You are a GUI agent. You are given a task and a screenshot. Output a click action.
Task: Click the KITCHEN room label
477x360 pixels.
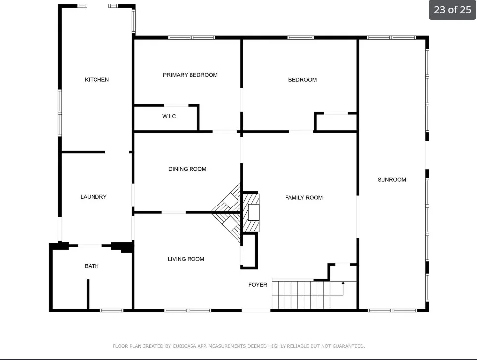[x=97, y=79]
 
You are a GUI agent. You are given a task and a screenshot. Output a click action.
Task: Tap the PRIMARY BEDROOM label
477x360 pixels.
[x=190, y=75]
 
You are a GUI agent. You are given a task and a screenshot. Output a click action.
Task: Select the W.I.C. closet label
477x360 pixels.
[x=170, y=116]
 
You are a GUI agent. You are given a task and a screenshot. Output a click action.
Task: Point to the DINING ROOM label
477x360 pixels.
[x=188, y=169]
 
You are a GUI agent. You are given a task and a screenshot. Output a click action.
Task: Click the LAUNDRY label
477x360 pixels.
[x=94, y=197]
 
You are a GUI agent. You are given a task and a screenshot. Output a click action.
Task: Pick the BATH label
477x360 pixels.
[x=92, y=266]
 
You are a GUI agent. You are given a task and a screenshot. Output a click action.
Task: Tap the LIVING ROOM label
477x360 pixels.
[x=186, y=259]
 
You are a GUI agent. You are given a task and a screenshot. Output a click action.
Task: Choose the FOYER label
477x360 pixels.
[x=258, y=285]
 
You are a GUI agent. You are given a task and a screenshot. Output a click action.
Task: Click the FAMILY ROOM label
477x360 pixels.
[x=304, y=198]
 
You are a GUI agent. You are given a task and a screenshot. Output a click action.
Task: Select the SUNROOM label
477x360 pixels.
[x=392, y=180]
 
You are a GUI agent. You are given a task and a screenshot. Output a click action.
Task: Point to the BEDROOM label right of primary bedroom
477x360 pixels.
[x=302, y=80]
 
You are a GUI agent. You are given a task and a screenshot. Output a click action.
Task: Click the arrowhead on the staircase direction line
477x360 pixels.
[x=343, y=283]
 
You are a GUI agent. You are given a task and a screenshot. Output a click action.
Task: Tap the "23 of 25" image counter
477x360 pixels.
[x=452, y=10]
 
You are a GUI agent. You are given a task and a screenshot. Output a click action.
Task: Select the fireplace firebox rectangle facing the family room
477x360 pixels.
[x=254, y=212]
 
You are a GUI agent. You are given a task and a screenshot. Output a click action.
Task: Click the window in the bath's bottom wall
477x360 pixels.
[x=112, y=310]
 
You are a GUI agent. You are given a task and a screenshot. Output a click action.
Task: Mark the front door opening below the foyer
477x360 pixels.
[x=256, y=310]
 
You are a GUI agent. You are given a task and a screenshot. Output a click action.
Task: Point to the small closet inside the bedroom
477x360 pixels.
[x=336, y=122]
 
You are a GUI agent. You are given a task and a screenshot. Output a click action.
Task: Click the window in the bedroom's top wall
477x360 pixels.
[x=300, y=38]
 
